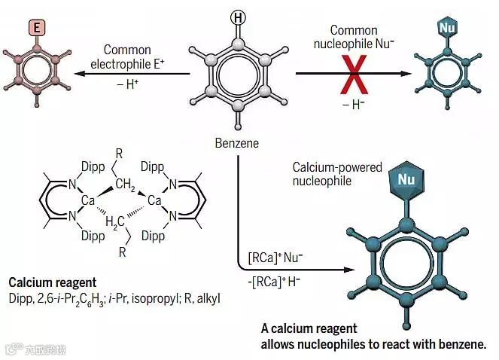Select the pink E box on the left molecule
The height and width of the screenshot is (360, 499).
coord(39,28)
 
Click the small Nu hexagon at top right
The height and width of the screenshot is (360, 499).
coord(447,28)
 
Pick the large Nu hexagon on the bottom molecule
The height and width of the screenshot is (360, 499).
coord(406,180)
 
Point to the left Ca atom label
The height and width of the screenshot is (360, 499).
coord(87,200)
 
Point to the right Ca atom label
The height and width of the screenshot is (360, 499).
coord(154,200)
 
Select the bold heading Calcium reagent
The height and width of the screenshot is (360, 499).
coord(53,282)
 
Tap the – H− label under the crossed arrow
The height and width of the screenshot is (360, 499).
coord(353,105)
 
